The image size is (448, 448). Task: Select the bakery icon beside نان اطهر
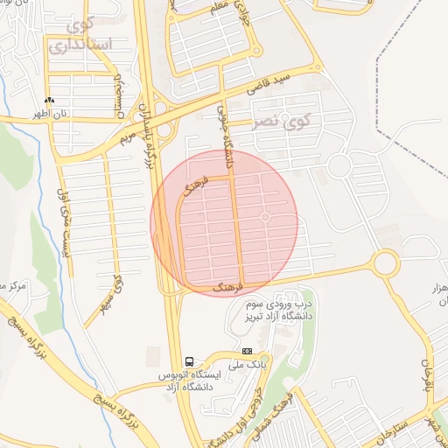point(49,101)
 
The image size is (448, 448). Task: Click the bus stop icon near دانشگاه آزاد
point(189,361)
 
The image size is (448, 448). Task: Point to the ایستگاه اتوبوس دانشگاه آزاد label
point(185,381)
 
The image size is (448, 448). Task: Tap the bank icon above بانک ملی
point(246,351)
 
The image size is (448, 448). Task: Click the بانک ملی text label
point(248,364)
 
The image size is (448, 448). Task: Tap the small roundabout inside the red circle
point(264,216)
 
